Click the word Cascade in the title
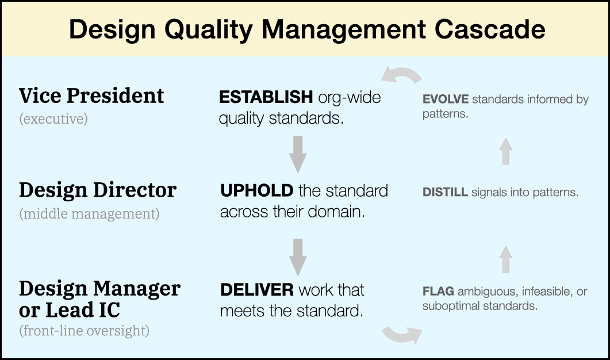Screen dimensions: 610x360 pos(490,29)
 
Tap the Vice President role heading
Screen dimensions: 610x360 pos(91,95)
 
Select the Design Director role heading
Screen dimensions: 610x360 pos(98,190)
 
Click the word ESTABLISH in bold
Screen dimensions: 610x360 pos(266,97)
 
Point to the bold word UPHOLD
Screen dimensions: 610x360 pos(257,191)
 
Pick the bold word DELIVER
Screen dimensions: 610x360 pos(257,290)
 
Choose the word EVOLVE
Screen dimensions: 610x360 pos(446,99)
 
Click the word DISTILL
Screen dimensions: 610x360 pos(445,192)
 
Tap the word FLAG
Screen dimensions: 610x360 pos(438,292)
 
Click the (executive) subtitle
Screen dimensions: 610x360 pos(53,118)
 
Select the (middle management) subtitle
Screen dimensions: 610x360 pos(89,214)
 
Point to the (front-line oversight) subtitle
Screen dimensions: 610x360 pos(84,331)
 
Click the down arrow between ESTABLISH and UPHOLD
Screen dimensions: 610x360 pos(298,155)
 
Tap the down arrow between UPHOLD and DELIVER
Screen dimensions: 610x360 pos(298,257)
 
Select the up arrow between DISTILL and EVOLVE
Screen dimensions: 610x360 pos(506,151)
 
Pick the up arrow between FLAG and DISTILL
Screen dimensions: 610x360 pos(506,259)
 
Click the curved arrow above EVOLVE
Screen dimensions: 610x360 pos(401,74)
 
